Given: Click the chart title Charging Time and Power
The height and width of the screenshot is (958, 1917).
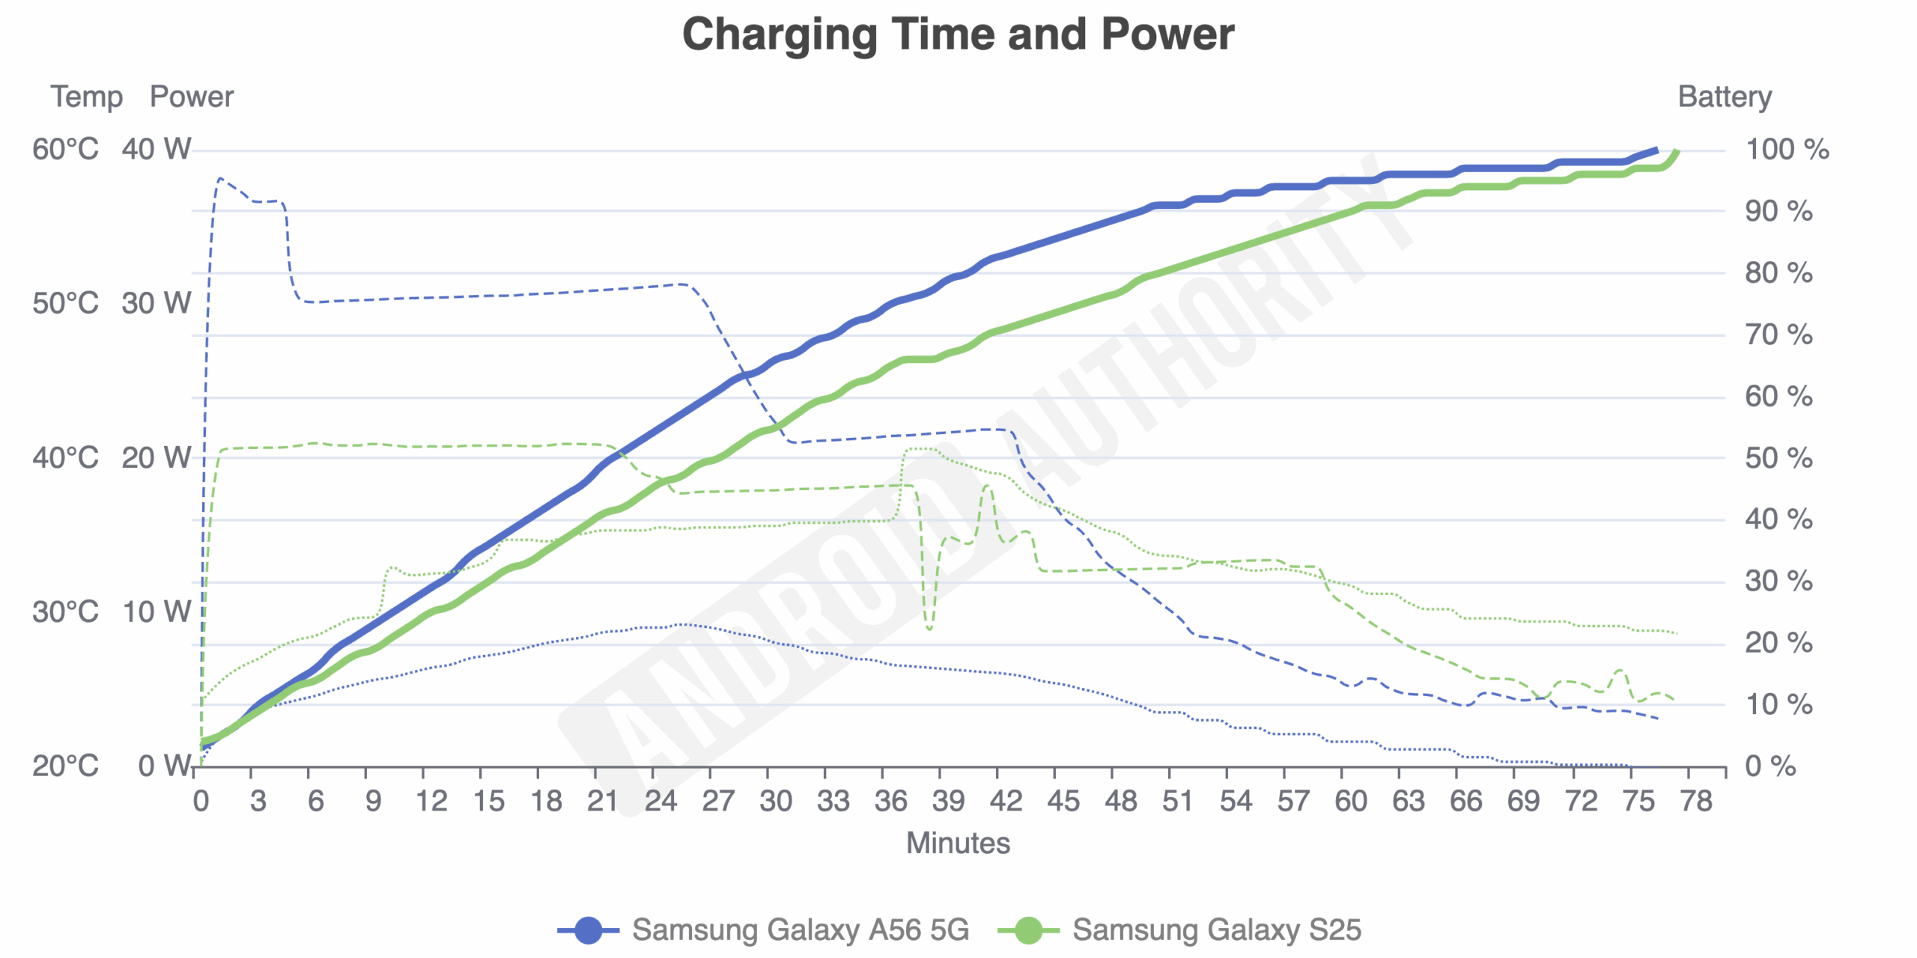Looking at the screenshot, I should (x=958, y=34).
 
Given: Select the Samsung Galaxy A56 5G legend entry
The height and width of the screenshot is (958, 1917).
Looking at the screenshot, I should (x=764, y=930).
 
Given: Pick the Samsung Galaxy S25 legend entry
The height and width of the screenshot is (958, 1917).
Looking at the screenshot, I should (x=1179, y=930).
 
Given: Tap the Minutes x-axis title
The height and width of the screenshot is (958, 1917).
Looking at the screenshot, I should (x=958, y=843).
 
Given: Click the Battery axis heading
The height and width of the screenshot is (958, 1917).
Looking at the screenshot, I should (x=1725, y=97).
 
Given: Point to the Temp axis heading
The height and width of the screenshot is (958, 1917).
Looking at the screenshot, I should (x=86, y=97).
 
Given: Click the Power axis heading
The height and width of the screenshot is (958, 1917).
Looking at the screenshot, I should (x=192, y=97).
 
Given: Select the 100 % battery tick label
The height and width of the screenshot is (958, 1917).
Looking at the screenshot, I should (x=1787, y=150).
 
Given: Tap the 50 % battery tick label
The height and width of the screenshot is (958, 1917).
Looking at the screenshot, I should (x=1778, y=458).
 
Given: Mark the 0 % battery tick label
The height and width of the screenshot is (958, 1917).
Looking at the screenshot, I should (x=1770, y=766).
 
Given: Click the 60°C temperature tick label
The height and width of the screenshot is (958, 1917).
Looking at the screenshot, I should (x=65, y=150).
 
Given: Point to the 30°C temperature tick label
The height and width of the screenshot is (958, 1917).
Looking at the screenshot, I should (x=65, y=612).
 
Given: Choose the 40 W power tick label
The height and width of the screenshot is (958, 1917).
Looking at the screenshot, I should (x=157, y=150).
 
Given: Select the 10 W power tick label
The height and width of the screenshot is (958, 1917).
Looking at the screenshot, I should (x=157, y=612).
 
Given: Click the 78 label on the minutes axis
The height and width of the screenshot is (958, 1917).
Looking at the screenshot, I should (x=1696, y=802).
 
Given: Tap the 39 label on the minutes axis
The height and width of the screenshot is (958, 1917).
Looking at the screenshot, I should (x=948, y=802).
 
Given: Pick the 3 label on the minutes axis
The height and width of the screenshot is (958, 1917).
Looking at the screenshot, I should (x=258, y=802).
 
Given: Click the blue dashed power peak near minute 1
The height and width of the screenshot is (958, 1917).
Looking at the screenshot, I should (x=220, y=179).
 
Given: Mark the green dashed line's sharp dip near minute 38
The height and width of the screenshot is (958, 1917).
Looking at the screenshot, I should (x=929, y=628).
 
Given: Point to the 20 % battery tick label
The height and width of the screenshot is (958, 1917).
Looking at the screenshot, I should (x=1778, y=643).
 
